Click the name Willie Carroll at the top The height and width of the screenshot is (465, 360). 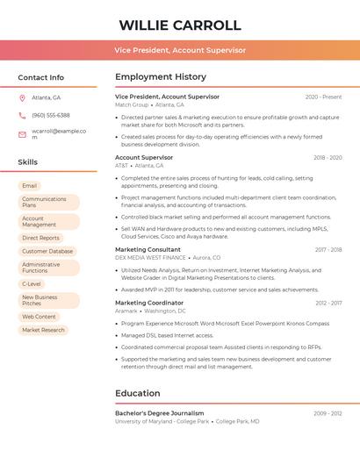[180, 25]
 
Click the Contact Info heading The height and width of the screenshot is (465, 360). [41, 77]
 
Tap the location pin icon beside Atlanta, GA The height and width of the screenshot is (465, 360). [22, 97]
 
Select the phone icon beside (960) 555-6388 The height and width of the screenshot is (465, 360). [22, 115]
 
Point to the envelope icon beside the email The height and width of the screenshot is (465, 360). [22, 134]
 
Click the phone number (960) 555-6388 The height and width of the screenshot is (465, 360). [51, 115]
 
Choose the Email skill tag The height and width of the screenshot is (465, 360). [30, 186]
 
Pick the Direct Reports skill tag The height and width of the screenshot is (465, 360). [41, 238]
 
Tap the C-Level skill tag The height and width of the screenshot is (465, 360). [32, 284]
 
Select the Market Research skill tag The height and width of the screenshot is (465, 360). [44, 330]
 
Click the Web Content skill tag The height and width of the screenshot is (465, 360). [40, 317]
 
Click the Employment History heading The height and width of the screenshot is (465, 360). [161, 77]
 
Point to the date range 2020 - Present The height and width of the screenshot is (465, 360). [323, 97]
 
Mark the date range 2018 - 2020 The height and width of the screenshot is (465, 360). [328, 158]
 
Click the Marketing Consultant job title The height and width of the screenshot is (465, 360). [148, 249]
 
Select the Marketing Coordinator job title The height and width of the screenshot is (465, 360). [148, 303]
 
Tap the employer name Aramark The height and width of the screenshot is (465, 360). [126, 311]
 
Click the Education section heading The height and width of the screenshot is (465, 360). [137, 393]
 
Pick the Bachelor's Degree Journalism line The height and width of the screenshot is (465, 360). [159, 412]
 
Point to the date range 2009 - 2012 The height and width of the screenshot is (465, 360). [328, 413]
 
